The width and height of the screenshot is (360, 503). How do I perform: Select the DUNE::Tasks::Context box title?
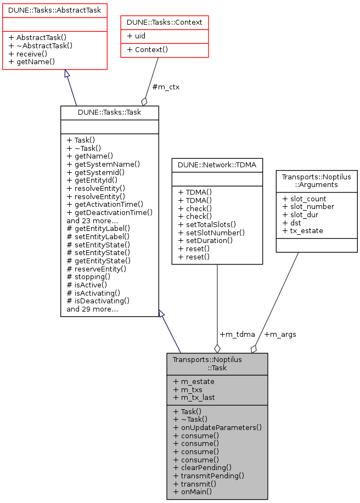[165, 22]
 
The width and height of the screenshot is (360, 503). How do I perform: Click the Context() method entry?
[147, 49]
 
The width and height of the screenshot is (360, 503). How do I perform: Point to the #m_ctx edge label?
[166, 87]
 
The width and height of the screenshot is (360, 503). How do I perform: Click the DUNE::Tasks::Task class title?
[109, 112]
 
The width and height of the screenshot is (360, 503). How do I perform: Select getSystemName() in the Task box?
[103, 163]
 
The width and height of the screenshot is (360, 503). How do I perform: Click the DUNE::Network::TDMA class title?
[217, 163]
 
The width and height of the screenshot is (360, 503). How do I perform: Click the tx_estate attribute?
[302, 230]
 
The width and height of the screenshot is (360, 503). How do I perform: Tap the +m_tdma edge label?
[237, 334]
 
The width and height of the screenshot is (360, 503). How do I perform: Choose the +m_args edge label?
[280, 334]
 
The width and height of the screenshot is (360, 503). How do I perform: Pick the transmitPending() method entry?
[209, 476]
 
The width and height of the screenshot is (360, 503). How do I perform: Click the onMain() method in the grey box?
[193, 492]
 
